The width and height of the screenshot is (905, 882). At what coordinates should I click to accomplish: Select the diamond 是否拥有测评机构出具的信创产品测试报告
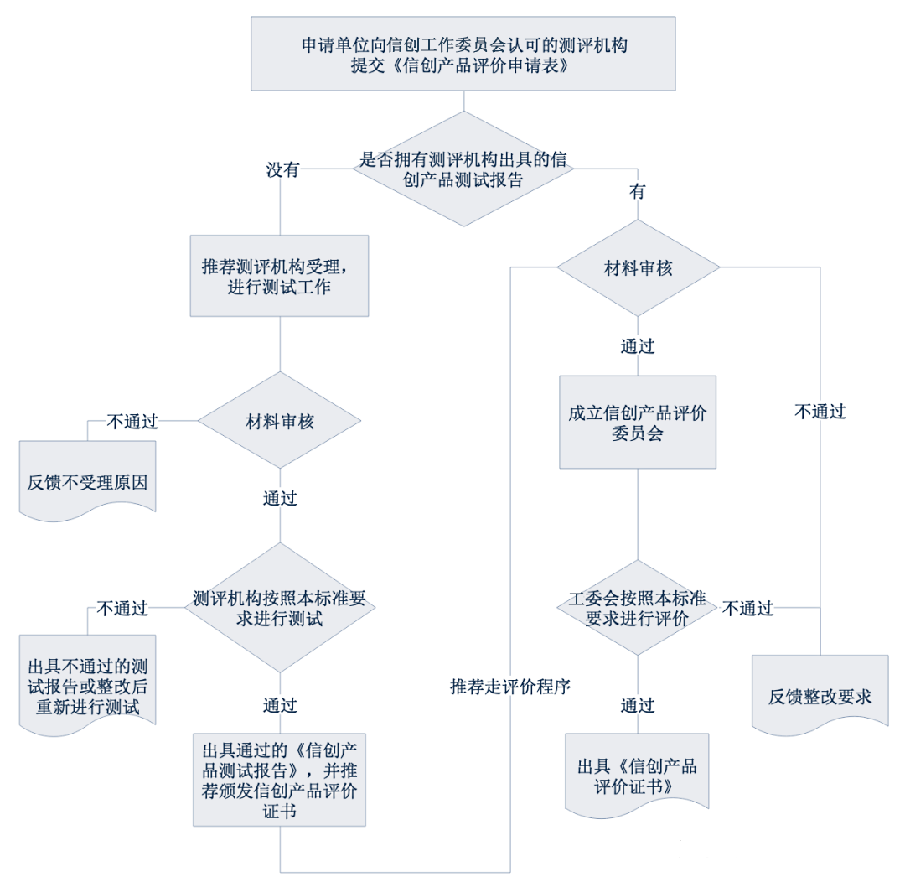point(463,169)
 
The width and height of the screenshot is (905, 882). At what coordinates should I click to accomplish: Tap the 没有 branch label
point(283,170)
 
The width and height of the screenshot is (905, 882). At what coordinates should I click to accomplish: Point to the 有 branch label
point(638,191)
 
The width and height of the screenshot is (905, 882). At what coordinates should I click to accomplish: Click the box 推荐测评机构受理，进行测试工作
point(279,276)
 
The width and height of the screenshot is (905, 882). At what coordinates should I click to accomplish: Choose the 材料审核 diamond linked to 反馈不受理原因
point(279,421)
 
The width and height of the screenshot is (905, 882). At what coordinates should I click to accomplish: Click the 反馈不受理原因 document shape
point(87,483)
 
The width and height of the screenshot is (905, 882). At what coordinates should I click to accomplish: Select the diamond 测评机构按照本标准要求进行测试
point(279,608)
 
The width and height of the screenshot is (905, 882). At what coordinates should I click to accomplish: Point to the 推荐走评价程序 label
point(509,687)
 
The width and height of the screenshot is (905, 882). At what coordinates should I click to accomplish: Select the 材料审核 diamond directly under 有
point(639,268)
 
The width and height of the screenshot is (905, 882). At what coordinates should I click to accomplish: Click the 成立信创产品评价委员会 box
point(638,422)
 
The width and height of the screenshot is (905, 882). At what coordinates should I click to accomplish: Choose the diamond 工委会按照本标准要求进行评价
point(638,608)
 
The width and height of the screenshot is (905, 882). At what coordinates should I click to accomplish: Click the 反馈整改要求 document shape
point(820,696)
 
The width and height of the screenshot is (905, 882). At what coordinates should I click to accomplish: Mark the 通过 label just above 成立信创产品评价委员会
point(638,345)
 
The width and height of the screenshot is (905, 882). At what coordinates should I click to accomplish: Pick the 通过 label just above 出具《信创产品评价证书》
point(638,705)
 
